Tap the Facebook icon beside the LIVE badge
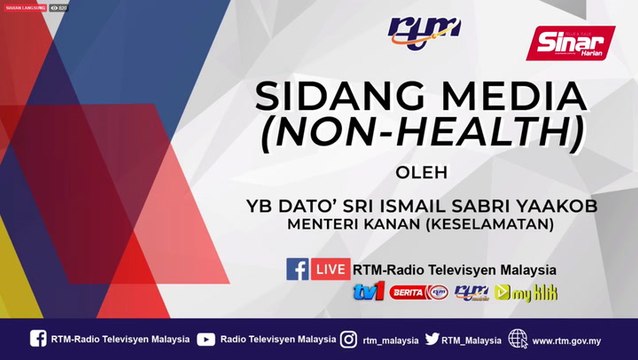click(298, 269)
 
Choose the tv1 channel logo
click(368, 292)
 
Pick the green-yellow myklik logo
click(531, 293)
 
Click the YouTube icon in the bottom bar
click(206, 339)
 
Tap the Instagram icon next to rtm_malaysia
click(348, 339)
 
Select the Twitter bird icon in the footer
click(431, 339)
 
